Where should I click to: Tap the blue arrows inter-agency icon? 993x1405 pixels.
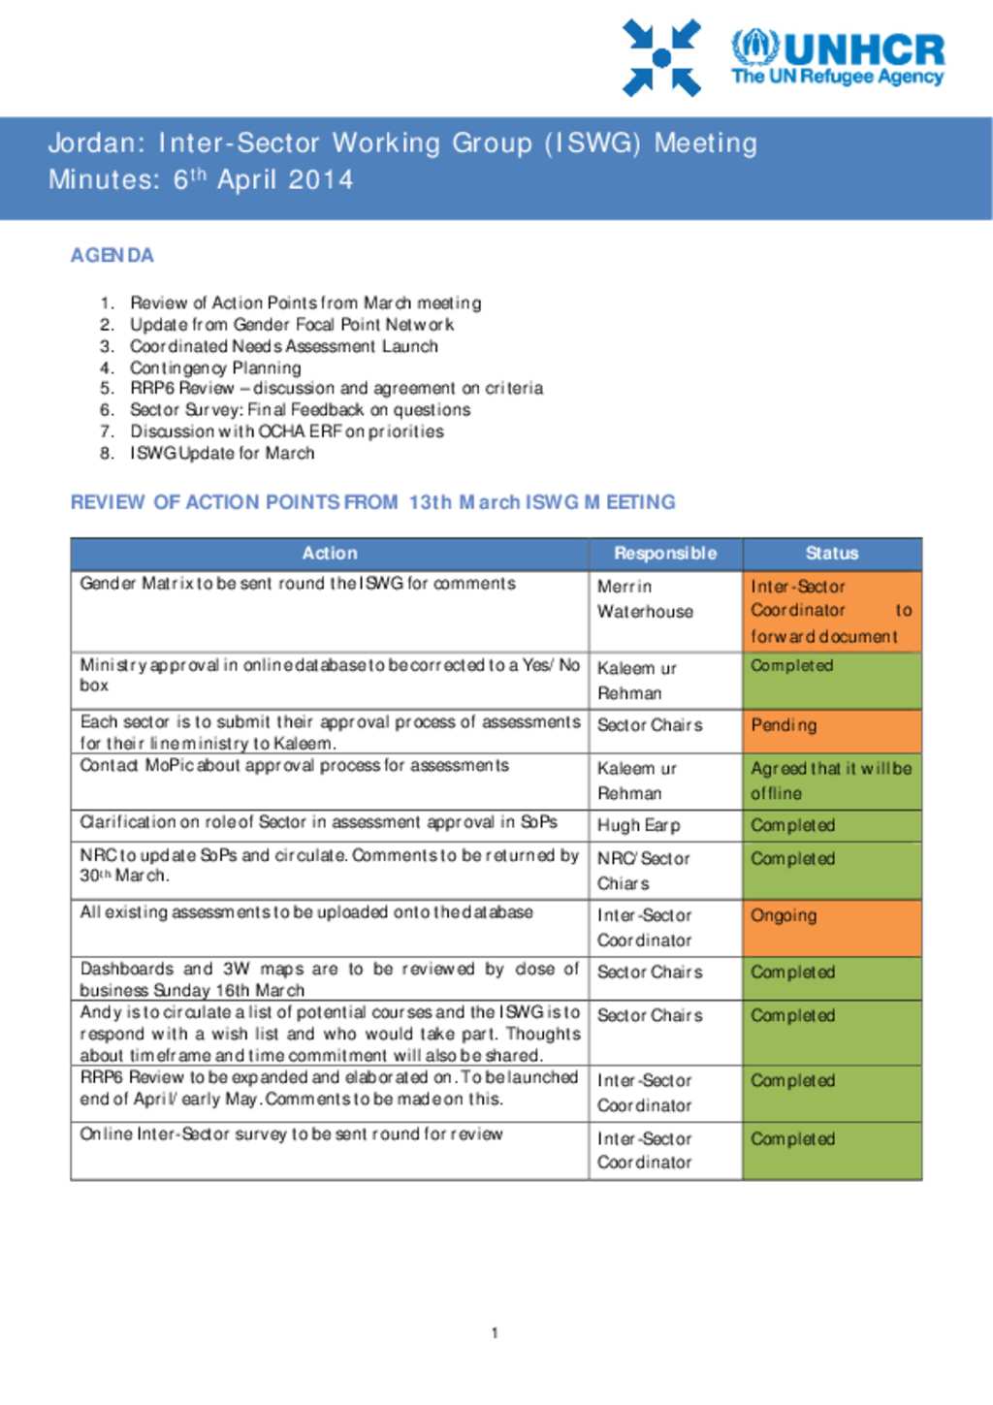coord(661,58)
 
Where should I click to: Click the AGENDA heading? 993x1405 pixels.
coord(112,255)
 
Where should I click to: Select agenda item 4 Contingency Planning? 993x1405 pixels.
coord(215,367)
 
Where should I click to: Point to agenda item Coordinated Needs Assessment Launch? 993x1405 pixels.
coord(283,346)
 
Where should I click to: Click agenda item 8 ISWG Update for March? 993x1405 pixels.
coord(222,453)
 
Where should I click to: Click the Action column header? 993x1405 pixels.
coord(330,554)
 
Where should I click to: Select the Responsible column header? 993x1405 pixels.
coord(665,554)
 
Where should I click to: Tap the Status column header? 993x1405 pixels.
coord(832,554)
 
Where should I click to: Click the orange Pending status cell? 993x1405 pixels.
coord(832,732)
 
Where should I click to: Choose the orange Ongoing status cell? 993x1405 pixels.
coord(832,928)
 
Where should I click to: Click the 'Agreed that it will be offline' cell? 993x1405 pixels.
coord(832,781)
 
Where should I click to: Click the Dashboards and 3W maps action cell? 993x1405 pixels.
coord(330,979)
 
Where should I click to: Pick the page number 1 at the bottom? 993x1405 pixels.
coord(495,1333)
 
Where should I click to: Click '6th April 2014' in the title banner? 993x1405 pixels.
coord(263,179)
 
